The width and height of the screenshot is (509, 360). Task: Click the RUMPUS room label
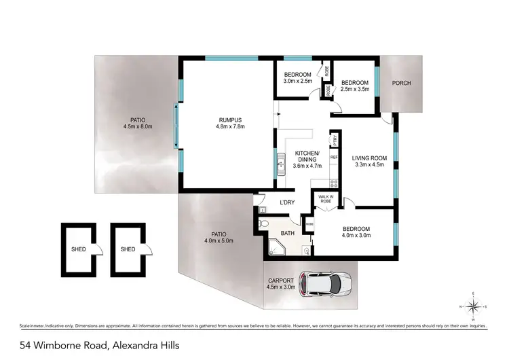[x=229, y=118]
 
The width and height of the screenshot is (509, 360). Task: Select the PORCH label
[x=401, y=84]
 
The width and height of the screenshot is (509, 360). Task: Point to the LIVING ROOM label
[x=369, y=156]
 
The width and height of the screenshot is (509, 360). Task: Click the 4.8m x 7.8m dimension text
[x=229, y=126]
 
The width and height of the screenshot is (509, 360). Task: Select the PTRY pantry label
[x=334, y=140]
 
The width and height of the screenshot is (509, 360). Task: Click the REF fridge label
[x=334, y=158]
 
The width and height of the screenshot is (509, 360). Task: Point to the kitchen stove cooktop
[x=333, y=182]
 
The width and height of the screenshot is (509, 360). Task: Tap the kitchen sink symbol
[x=280, y=163]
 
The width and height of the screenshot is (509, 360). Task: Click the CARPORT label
[x=281, y=281]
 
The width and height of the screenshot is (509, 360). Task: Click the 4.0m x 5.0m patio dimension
[x=219, y=240]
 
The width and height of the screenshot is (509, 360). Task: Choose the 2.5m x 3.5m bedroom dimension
[x=355, y=89]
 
